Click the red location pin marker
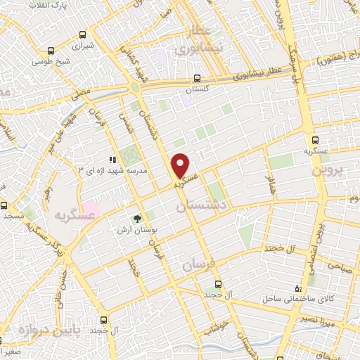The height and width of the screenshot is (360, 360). [181, 165]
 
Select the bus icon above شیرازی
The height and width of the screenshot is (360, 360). [83, 34]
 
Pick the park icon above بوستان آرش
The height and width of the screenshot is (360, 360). [138, 219]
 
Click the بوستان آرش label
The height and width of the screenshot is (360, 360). [138, 229]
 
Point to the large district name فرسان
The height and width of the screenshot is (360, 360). [195, 265]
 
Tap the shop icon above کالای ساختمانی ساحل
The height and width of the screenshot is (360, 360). [299, 288]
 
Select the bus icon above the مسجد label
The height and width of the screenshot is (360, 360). [4, 207]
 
